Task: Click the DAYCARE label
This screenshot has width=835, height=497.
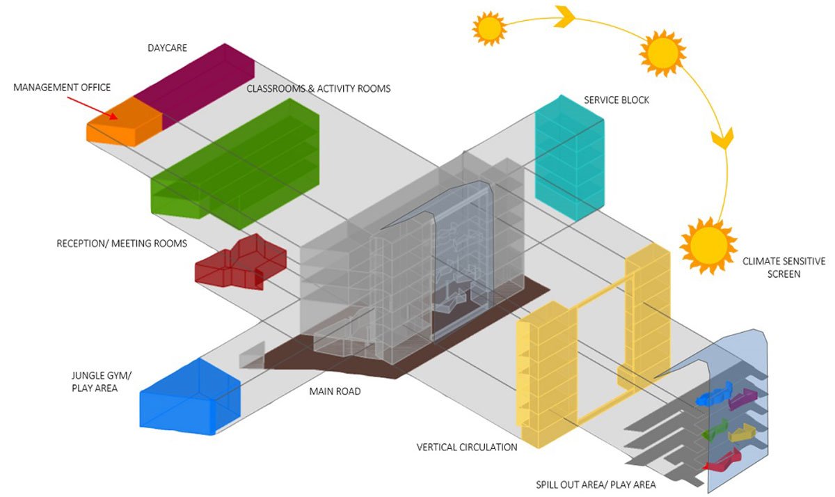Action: pyautogui.click(x=168, y=48)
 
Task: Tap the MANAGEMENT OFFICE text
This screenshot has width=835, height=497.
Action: pyautogui.click(x=62, y=87)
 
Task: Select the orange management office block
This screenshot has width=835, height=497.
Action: pyautogui.click(x=124, y=123)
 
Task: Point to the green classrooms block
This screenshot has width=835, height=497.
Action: pyautogui.click(x=237, y=163)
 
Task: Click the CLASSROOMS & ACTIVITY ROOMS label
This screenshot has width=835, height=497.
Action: pyautogui.click(x=319, y=88)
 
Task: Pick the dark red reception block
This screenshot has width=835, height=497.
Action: pyautogui.click(x=240, y=263)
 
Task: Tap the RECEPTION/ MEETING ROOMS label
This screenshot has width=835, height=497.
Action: pyautogui.click(x=122, y=244)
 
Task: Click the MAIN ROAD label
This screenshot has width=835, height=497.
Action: pyautogui.click(x=335, y=391)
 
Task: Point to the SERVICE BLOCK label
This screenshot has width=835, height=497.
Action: pyautogui.click(x=617, y=100)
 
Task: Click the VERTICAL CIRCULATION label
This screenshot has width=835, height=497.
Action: pyautogui.click(x=467, y=447)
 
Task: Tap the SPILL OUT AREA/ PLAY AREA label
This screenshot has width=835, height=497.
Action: pyautogui.click(x=596, y=484)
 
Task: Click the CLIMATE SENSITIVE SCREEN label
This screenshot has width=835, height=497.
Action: pyautogui.click(x=784, y=267)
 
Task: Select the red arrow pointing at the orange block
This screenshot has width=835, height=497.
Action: pyautogui.click(x=95, y=107)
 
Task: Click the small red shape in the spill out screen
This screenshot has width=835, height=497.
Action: pyautogui.click(x=723, y=460)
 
